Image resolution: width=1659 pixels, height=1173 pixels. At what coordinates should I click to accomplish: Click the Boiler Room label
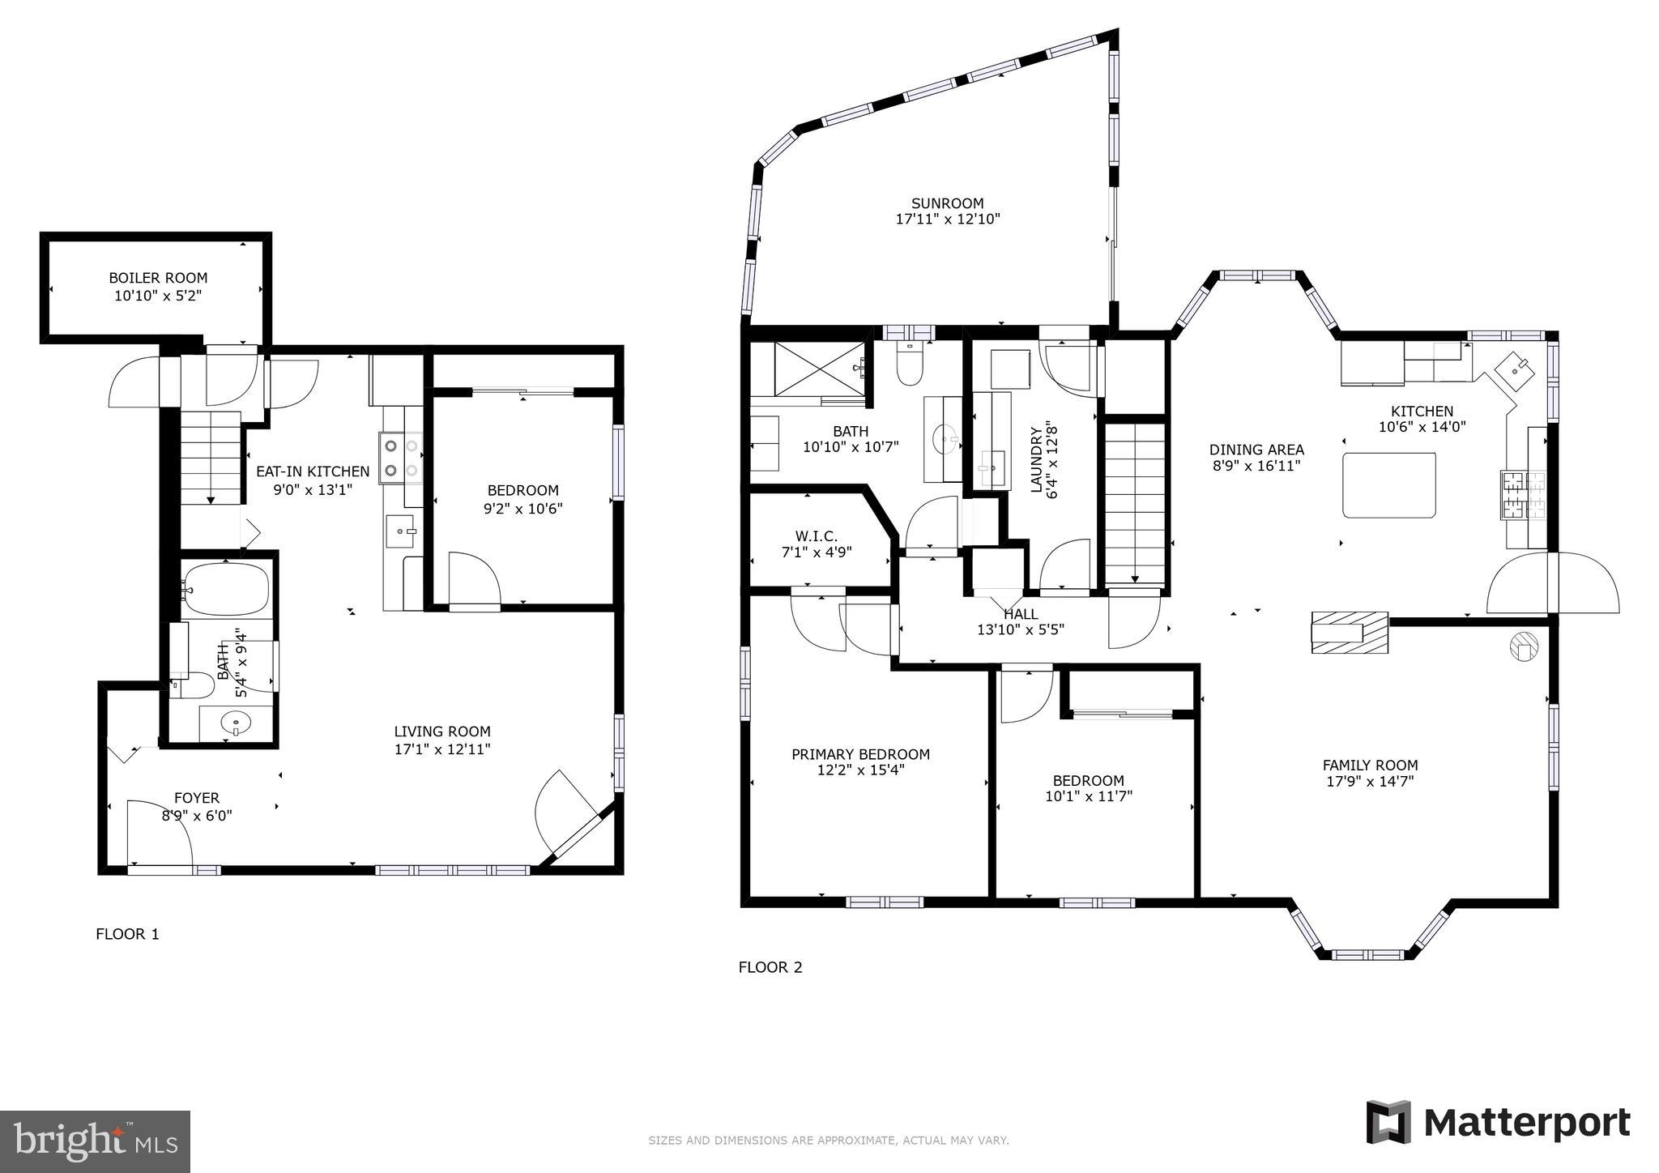click(158, 278)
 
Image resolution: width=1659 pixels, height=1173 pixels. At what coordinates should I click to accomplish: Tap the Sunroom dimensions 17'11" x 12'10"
click(947, 219)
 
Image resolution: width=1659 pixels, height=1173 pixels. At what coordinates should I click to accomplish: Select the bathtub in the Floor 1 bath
click(226, 590)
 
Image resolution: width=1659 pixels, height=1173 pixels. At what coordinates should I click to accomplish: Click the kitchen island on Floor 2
click(1388, 485)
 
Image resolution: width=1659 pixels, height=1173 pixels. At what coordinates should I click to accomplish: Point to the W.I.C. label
click(816, 536)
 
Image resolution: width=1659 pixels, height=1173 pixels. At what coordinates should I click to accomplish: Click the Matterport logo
click(1498, 1123)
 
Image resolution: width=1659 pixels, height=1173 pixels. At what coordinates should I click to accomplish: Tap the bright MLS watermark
click(95, 1141)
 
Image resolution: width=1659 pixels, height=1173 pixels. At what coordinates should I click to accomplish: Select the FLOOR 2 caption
click(770, 967)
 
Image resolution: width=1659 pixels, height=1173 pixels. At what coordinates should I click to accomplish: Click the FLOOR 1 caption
click(127, 934)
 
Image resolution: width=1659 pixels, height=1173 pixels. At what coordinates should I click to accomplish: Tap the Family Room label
click(1370, 765)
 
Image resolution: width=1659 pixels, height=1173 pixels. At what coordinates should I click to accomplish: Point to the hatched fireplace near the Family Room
click(1350, 633)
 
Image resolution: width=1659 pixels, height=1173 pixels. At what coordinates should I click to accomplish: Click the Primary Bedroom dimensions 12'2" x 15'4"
click(860, 770)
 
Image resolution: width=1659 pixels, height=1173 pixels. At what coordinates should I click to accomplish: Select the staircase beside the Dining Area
click(1135, 502)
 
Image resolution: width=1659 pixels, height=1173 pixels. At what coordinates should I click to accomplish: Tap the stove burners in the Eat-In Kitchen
click(401, 457)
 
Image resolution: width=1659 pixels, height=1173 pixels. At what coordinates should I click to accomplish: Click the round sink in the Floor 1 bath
click(236, 722)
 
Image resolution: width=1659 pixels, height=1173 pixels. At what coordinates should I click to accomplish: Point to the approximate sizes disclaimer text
click(828, 1141)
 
